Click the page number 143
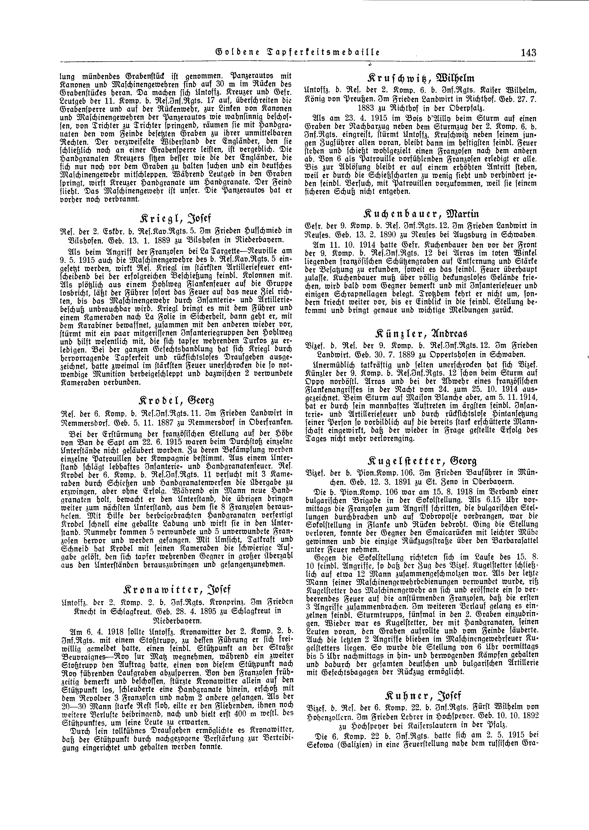click(x=528, y=53)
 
